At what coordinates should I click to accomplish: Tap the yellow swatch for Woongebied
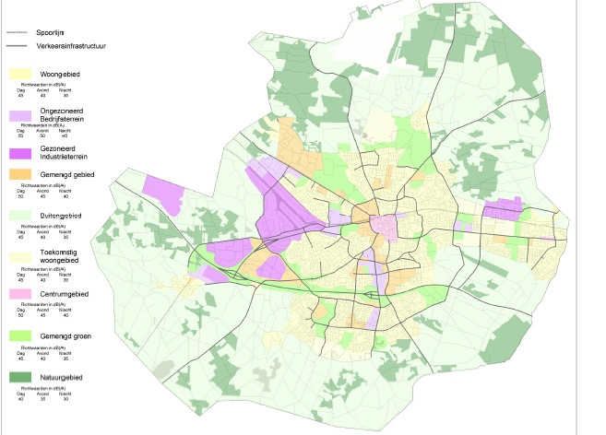pyautogui.click(x=18, y=73)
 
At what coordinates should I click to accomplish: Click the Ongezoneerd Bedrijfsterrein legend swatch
pyautogui.click(x=18, y=115)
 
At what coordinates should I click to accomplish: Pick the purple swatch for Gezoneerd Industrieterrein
pyautogui.click(x=18, y=151)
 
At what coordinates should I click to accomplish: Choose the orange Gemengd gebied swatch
pyautogui.click(x=18, y=174)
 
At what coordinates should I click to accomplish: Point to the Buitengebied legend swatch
pyautogui.click(x=18, y=215)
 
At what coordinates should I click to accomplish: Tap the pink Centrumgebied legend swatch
pyautogui.click(x=18, y=293)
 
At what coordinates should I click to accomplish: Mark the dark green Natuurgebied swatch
pyautogui.click(x=18, y=377)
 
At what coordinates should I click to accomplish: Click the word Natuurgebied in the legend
pyautogui.click(x=62, y=377)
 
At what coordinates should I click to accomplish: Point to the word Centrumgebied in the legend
pyautogui.click(x=65, y=293)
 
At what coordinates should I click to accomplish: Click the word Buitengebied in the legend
pyautogui.click(x=61, y=215)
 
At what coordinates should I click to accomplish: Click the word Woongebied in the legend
pyautogui.click(x=60, y=73)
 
